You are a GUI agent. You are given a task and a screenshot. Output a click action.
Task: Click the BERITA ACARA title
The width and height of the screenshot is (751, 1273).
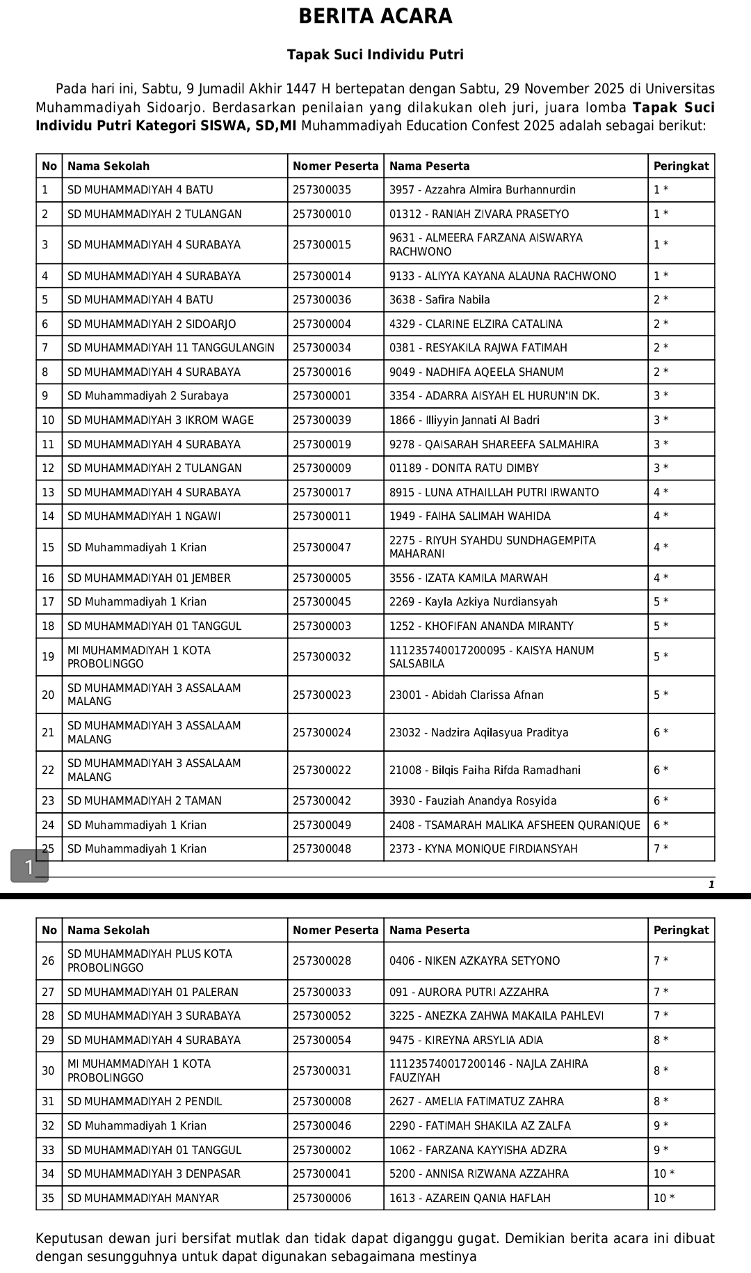[375, 17]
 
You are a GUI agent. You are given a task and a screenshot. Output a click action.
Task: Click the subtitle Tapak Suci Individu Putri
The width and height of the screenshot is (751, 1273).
[375, 55]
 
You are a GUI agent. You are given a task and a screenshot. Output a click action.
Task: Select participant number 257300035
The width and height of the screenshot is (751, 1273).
[322, 190]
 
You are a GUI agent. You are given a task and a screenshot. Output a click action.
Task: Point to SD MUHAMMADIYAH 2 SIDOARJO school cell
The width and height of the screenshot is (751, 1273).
[152, 324]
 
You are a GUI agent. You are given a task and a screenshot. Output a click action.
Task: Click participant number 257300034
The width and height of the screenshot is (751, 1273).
[322, 348]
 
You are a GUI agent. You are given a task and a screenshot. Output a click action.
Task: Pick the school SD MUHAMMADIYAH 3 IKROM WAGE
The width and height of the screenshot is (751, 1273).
[161, 420]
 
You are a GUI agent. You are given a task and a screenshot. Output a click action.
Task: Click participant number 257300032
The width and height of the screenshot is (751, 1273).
[322, 657]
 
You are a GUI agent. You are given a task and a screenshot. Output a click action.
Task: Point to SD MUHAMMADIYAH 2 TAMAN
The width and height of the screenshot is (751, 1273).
[145, 801]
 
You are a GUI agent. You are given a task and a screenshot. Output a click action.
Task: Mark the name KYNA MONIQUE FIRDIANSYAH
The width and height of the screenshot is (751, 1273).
[501, 849]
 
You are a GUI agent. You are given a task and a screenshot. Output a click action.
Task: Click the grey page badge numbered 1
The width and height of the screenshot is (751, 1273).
[29, 867]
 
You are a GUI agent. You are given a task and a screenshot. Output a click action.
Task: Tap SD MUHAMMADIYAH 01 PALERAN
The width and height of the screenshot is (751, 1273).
[153, 993]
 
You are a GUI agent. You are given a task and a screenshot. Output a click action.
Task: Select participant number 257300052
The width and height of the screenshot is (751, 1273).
[322, 1016]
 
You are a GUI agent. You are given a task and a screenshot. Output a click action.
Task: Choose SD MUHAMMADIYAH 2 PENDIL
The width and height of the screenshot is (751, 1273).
[145, 1102]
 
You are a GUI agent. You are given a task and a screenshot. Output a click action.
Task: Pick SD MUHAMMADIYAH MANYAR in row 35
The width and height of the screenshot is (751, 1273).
[143, 1199]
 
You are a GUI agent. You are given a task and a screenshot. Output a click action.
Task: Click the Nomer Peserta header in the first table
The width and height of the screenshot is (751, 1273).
[335, 166]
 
